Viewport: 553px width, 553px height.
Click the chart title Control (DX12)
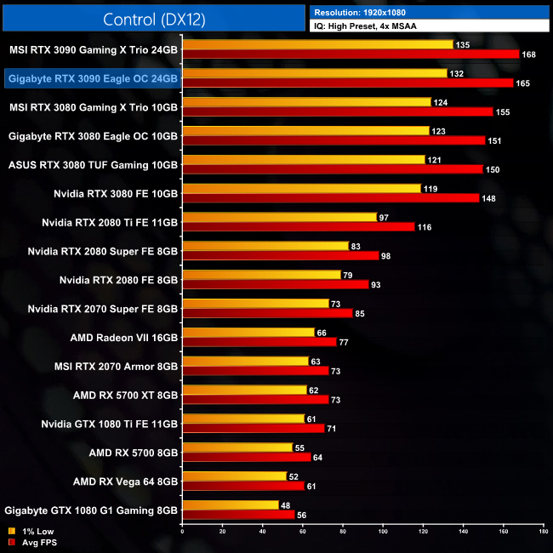(x=154, y=19)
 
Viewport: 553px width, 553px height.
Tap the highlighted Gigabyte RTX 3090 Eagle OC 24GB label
(x=92, y=78)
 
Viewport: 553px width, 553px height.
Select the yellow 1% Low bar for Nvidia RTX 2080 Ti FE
(x=279, y=218)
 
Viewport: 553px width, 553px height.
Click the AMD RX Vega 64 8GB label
(x=127, y=482)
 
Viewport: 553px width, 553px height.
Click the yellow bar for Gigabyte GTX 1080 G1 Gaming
(x=230, y=505)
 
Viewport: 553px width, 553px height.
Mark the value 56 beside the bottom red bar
(x=302, y=515)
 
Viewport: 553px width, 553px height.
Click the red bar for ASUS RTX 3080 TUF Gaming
(x=332, y=169)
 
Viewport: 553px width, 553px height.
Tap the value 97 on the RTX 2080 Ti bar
(x=384, y=218)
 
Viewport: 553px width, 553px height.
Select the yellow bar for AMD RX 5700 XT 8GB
(x=244, y=390)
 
